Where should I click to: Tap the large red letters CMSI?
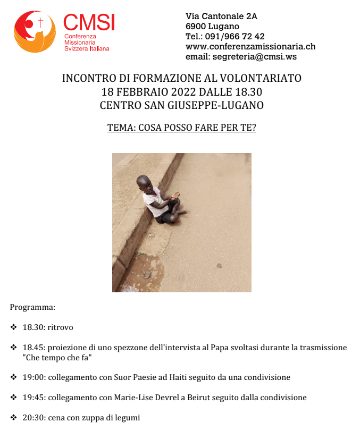coord(89,22)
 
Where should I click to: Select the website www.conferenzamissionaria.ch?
coord(250,46)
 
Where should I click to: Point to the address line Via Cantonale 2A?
coord(221,16)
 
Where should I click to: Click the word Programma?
coord(32,307)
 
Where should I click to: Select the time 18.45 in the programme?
coord(33,348)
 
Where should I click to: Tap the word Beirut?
coord(196,398)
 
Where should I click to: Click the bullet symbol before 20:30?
coord(13,417)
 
